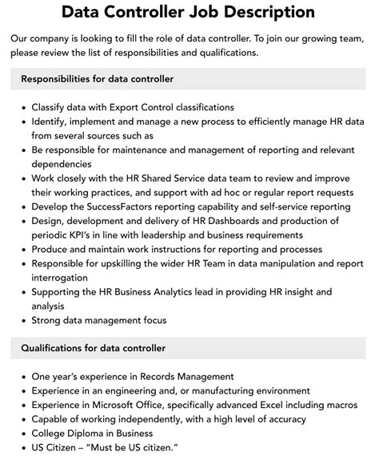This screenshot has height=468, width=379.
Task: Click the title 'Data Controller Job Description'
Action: (x=189, y=13)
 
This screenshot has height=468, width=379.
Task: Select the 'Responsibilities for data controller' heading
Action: (x=98, y=79)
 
